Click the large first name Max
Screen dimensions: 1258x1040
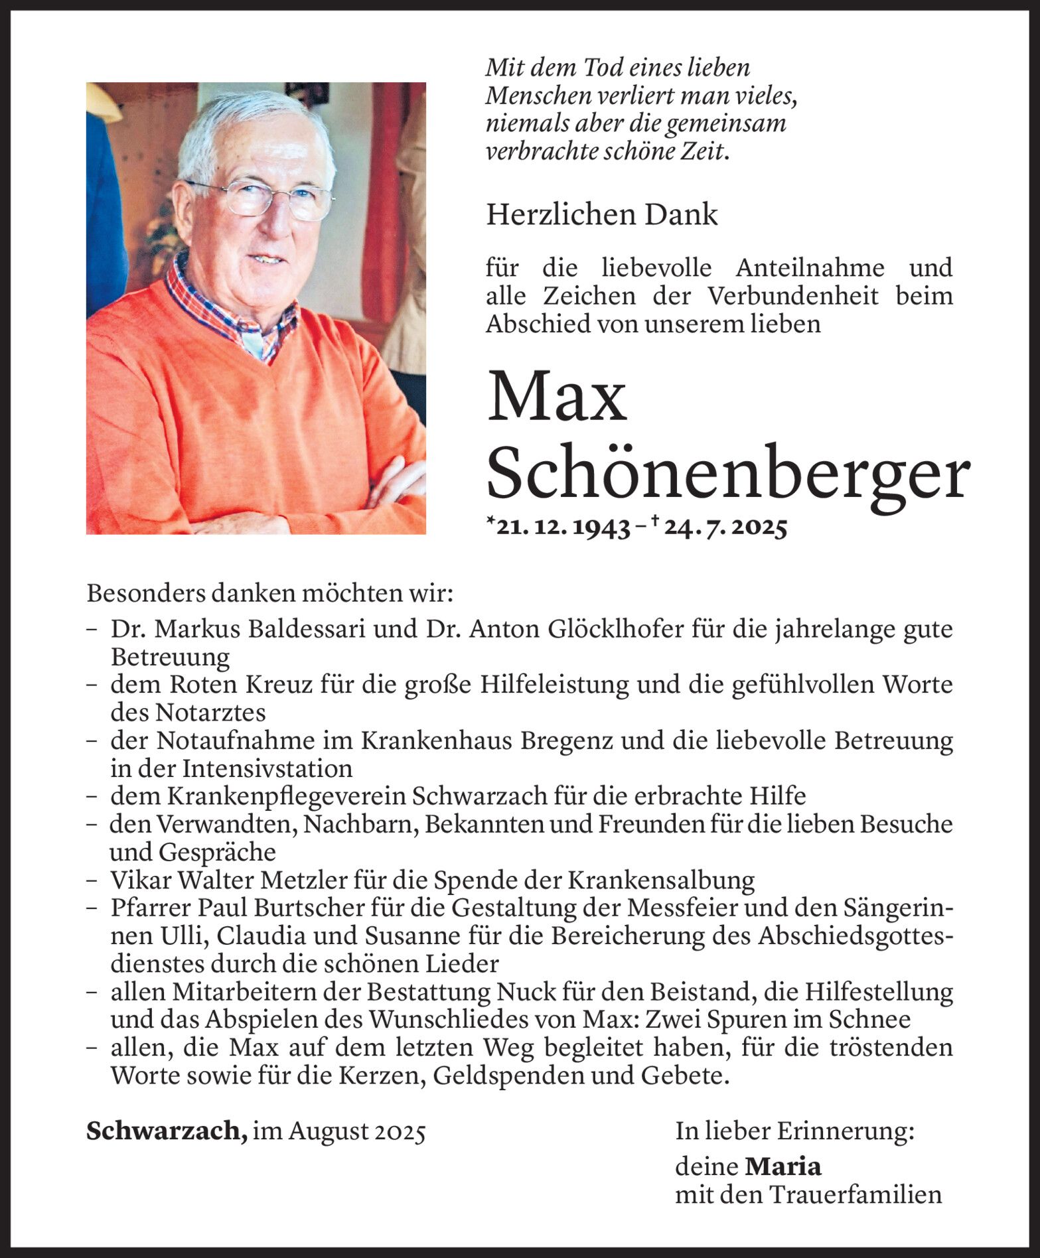(557, 397)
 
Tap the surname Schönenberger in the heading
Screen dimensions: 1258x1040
(728, 472)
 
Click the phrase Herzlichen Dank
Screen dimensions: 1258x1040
(601, 215)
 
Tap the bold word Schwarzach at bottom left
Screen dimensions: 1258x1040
(166, 1131)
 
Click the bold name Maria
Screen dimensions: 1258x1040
(783, 1166)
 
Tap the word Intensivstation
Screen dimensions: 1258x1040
(267, 768)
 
